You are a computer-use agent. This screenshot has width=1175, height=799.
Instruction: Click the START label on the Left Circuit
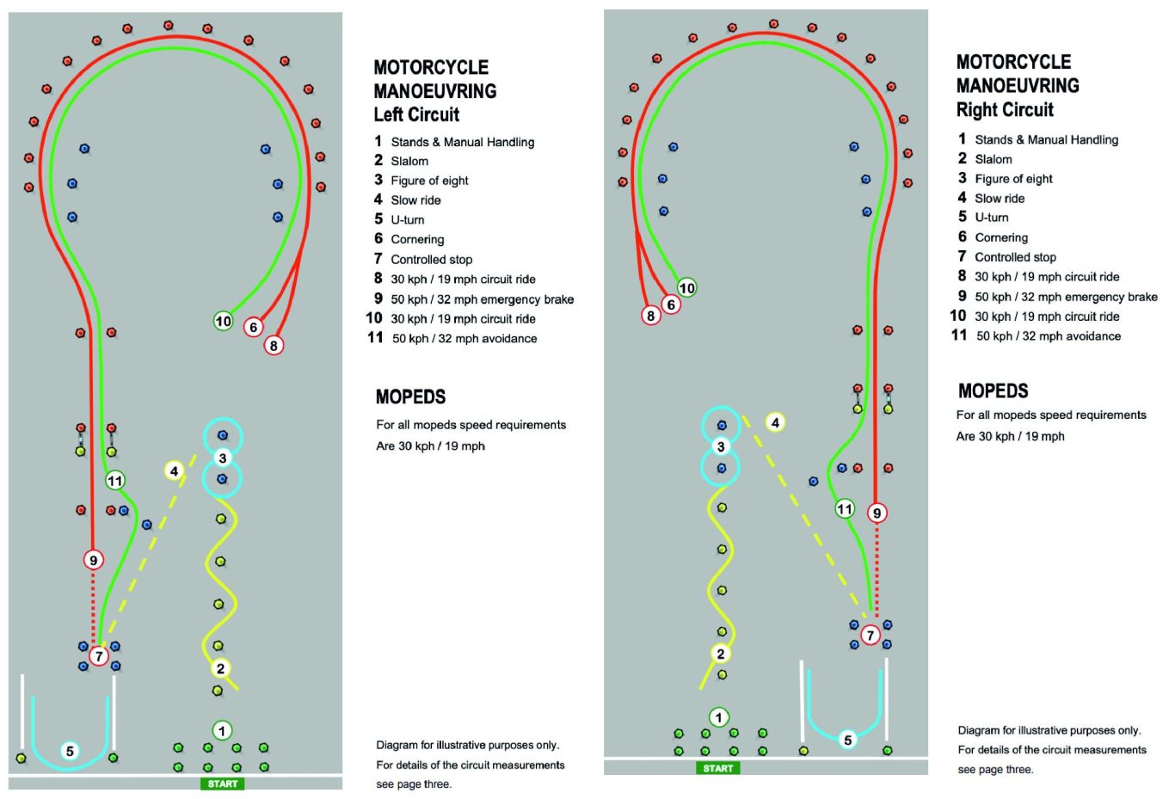point(223,784)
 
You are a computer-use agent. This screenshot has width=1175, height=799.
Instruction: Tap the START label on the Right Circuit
point(717,768)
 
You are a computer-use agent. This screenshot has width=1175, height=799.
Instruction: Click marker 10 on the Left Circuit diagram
point(223,321)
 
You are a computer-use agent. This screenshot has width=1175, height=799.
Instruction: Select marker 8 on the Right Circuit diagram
point(650,316)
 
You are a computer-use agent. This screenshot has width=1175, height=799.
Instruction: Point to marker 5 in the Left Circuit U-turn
point(70,751)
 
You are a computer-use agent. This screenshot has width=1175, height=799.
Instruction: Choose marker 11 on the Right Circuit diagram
point(844,508)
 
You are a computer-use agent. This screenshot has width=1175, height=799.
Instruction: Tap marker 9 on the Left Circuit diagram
point(94,560)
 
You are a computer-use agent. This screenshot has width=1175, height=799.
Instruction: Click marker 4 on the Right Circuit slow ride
point(775,422)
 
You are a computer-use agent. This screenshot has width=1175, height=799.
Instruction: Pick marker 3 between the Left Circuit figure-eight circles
point(223,458)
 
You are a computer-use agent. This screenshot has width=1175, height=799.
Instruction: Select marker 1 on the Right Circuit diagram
point(718,717)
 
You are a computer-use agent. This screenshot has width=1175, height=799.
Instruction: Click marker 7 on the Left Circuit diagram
point(99,655)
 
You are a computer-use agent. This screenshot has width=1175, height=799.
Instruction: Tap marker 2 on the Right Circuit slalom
point(720,654)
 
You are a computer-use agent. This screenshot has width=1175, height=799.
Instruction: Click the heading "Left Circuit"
point(416,114)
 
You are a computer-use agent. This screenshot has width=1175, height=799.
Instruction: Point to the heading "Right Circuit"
point(1005,109)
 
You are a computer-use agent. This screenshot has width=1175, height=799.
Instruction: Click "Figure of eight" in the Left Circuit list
point(429,181)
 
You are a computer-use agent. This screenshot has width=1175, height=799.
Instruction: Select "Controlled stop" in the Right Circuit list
point(1015,257)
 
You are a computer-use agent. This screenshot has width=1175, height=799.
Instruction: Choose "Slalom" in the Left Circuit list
point(409,161)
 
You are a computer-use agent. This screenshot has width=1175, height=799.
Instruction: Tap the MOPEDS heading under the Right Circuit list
point(993,390)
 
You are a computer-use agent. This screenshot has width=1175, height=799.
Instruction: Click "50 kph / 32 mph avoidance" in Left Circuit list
point(464,338)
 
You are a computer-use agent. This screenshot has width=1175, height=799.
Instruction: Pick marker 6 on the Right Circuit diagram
point(670,304)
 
